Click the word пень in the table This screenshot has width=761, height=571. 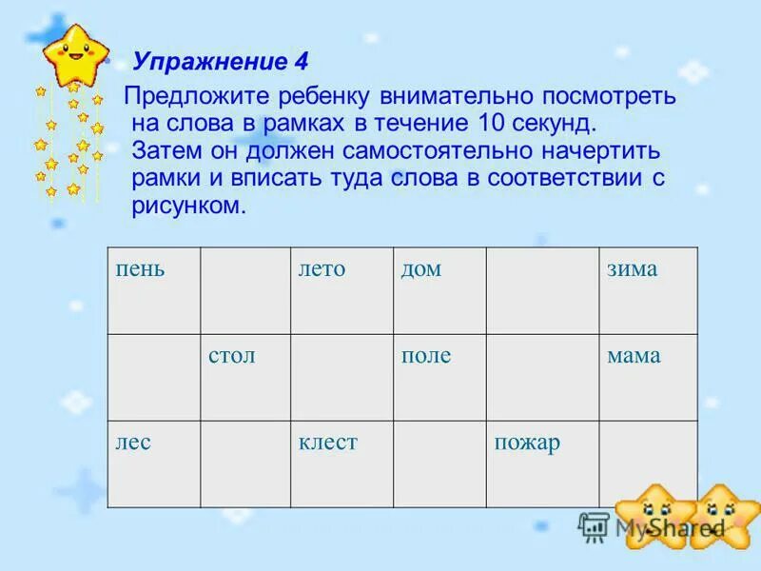click(141, 269)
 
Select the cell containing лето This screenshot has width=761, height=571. click(322, 269)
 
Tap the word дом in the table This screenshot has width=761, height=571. click(420, 269)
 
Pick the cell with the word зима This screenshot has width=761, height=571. click(633, 269)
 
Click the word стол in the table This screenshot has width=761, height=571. click(232, 356)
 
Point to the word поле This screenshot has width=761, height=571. click(425, 356)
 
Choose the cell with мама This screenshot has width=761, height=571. click(634, 356)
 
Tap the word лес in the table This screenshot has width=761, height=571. click(134, 443)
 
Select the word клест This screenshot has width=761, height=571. click(327, 443)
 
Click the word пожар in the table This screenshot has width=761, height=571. click(526, 443)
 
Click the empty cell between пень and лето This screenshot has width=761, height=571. click(244, 290)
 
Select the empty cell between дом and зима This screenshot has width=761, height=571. click(542, 290)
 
